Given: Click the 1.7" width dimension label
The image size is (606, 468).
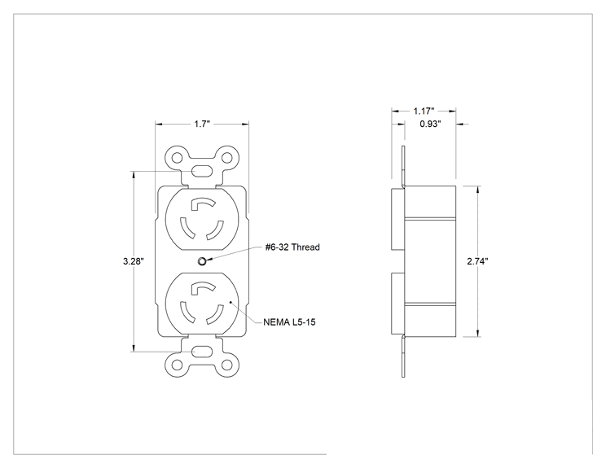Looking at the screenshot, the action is click(x=202, y=124).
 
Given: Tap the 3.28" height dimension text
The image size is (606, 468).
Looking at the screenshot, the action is click(x=134, y=261).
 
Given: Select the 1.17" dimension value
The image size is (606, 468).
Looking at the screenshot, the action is click(x=424, y=112).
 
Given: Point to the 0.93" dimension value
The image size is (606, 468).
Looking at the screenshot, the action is click(x=431, y=124).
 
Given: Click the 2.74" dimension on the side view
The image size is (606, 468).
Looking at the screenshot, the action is click(x=477, y=261).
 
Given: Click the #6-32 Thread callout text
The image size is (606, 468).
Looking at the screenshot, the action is click(x=292, y=247).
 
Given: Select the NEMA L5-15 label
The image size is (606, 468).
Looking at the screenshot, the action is click(x=289, y=322).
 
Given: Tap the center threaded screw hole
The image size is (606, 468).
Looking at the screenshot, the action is click(x=202, y=261).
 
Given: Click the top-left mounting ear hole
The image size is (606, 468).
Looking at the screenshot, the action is click(x=177, y=158).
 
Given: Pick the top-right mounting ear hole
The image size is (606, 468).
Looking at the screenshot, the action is click(x=227, y=158).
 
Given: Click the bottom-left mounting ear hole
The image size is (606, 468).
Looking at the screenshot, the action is click(x=177, y=365).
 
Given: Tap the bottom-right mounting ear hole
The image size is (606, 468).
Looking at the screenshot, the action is click(x=227, y=365).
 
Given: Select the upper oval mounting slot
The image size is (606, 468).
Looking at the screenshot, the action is click(x=202, y=171).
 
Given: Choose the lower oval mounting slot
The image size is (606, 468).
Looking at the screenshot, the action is click(x=202, y=352).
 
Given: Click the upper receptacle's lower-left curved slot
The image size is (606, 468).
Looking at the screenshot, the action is click(x=186, y=229).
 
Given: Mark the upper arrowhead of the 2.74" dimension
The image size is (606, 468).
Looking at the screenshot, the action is click(x=478, y=189).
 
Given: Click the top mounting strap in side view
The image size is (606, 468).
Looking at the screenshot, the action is click(x=403, y=166).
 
